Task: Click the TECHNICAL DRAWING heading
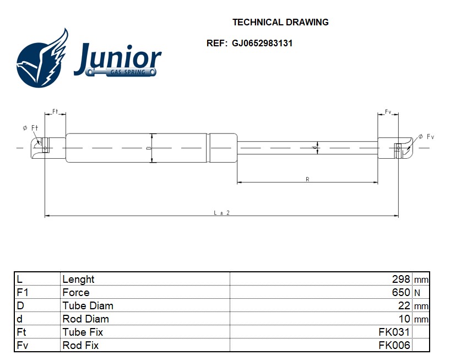[280, 23]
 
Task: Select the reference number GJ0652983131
[262, 43]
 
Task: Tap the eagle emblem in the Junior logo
[42, 60]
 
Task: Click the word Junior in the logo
[118, 57]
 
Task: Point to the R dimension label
[307, 179]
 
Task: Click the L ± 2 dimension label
[221, 212]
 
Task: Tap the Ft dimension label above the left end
[56, 111]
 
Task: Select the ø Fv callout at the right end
[426, 136]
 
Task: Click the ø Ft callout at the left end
[31, 128]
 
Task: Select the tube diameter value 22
[405, 305]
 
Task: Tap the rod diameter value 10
[405, 319]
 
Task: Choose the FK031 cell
[394, 332]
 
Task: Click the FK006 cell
[394, 345]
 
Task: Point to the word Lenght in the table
[78, 280]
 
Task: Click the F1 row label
[23, 292]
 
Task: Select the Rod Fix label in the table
[80, 345]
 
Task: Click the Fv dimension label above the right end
[388, 111]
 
